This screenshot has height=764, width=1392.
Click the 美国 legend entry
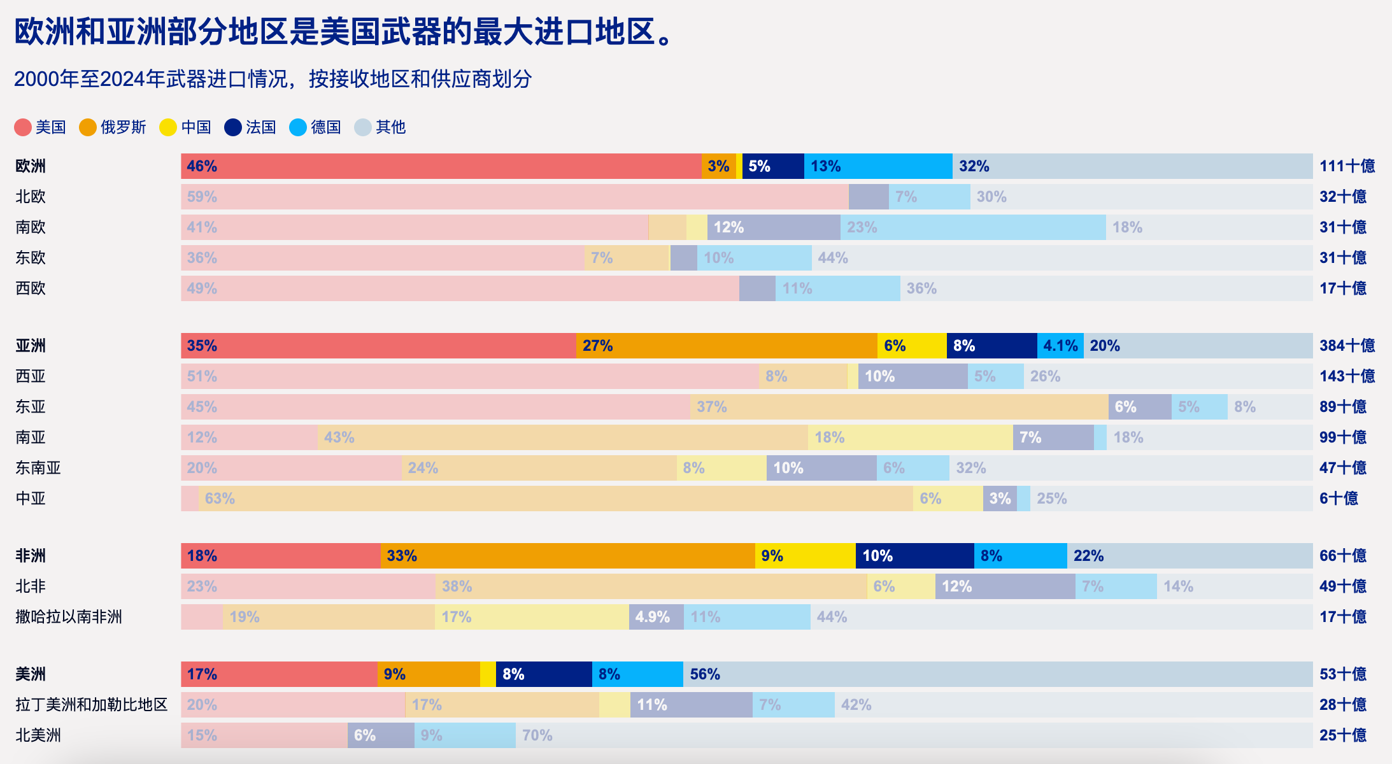coord(41,127)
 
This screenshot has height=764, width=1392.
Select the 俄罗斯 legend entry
coord(113,127)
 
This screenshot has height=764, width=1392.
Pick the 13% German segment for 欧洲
coord(878,166)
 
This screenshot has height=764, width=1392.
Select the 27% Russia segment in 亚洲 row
coord(727,346)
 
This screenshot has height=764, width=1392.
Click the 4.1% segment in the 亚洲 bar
coord(1060,346)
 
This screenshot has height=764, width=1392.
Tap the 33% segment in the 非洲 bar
coord(567,556)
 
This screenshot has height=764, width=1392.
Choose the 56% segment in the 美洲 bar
coord(997,674)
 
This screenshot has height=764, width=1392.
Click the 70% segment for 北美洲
coord(914,735)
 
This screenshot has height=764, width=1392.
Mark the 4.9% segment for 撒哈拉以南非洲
coord(656,617)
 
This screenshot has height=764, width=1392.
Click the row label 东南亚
coord(38,468)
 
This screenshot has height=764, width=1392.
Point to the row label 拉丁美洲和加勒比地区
coord(92,705)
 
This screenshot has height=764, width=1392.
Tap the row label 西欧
coord(31,288)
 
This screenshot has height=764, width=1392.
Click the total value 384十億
coord(1347,346)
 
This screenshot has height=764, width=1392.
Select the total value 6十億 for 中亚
coord(1339,499)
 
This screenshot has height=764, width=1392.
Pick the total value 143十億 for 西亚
coord(1347,376)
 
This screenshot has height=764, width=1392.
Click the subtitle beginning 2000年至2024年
coord(273,79)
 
